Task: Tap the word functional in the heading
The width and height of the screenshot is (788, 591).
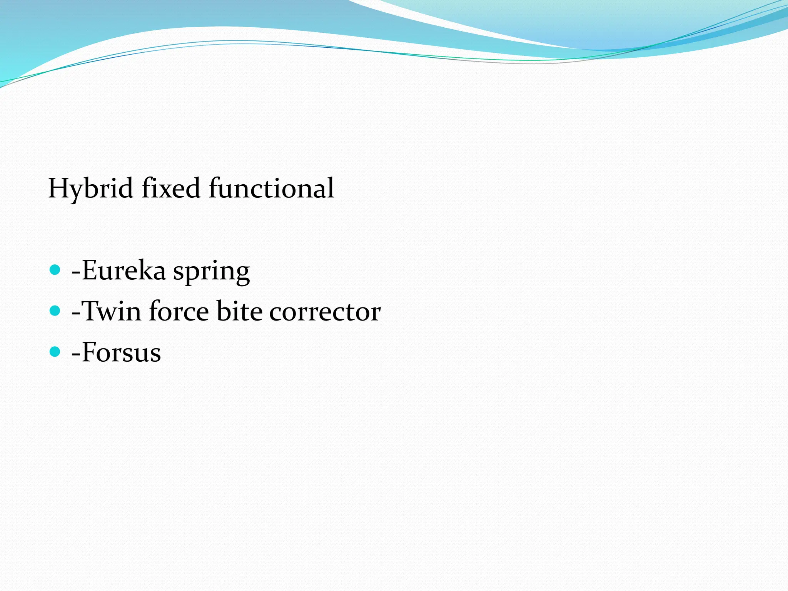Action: point(271,189)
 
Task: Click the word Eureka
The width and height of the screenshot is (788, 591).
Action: point(124,270)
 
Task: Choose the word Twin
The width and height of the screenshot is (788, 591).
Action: point(112,311)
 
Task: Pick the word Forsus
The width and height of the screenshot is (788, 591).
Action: point(121,352)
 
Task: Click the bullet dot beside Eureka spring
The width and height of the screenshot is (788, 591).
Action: point(55,270)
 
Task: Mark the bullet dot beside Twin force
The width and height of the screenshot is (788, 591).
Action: point(55,311)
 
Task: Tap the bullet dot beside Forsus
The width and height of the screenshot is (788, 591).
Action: point(55,351)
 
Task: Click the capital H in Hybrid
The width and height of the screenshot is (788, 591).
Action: point(58,189)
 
